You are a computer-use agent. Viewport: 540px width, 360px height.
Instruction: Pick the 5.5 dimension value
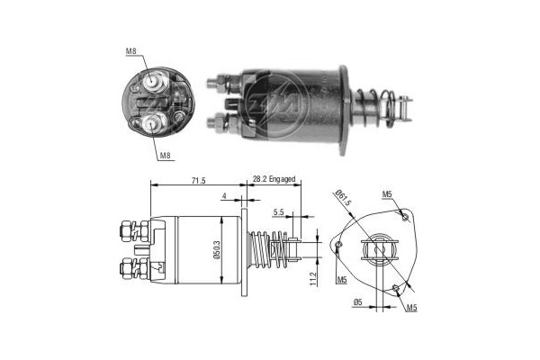point(279,213)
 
